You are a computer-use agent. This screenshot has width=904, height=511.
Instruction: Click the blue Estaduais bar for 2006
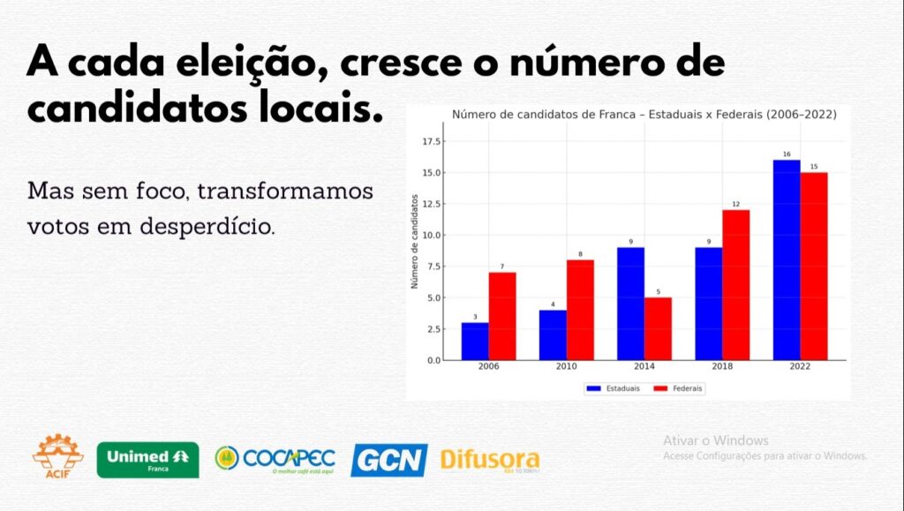(x=475, y=342)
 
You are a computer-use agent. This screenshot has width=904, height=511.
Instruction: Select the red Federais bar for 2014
(x=658, y=329)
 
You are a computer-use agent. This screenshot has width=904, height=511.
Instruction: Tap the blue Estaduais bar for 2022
(x=787, y=260)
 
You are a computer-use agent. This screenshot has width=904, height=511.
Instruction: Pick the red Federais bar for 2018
(x=735, y=285)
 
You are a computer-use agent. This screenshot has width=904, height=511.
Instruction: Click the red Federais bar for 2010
(x=580, y=310)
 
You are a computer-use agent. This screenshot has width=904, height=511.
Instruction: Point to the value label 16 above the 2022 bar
(x=787, y=154)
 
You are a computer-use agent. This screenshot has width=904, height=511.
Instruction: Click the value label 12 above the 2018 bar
(x=735, y=205)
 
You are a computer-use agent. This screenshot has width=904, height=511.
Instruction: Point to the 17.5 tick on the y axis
(x=432, y=141)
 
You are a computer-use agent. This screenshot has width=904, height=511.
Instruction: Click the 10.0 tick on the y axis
(x=432, y=236)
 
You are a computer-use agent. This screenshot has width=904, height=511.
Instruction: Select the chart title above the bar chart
(x=644, y=115)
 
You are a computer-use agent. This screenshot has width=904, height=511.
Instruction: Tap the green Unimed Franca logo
(x=147, y=459)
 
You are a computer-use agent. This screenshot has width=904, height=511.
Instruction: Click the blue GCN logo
(x=388, y=460)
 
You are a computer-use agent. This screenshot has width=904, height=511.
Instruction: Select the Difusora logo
(x=489, y=460)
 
